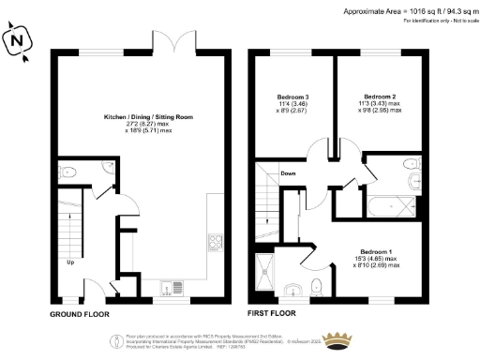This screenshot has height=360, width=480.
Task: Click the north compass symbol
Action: [16, 42]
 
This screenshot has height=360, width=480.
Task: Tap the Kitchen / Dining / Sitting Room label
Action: [144, 117]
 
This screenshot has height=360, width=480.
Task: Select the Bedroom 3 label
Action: [294, 97]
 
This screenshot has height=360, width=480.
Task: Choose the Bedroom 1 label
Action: [375, 251]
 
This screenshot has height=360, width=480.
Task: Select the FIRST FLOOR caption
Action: [271, 313]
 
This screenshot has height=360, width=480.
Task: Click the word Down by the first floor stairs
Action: [290, 172]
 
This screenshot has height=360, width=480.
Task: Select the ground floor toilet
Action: [69, 172]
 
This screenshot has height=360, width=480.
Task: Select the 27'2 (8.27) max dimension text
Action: [144, 125]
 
